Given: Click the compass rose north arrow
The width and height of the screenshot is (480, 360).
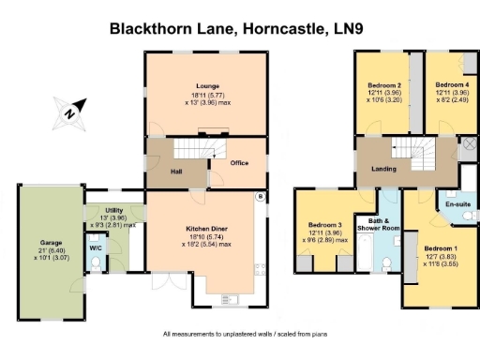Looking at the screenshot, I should (x=68, y=112).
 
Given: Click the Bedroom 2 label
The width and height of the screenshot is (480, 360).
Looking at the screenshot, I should (x=384, y=85).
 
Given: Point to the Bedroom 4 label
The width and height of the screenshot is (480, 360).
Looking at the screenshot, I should (x=443, y=85).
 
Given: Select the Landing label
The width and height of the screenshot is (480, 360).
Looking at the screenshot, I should (x=383, y=169).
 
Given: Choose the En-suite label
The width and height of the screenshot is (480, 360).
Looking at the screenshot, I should (x=457, y=203).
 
